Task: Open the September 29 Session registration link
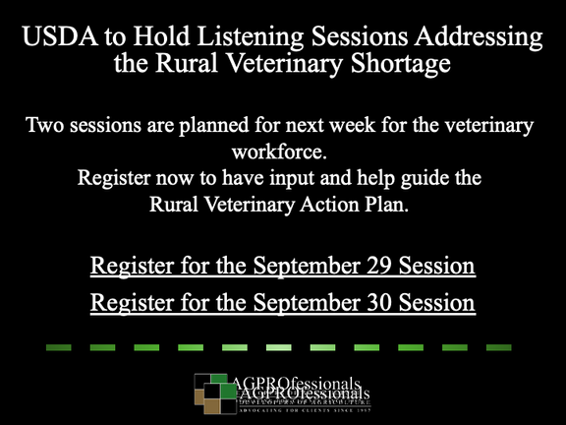283,267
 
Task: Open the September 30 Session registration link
283,302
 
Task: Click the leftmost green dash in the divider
57,347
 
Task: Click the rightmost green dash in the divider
499,347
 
